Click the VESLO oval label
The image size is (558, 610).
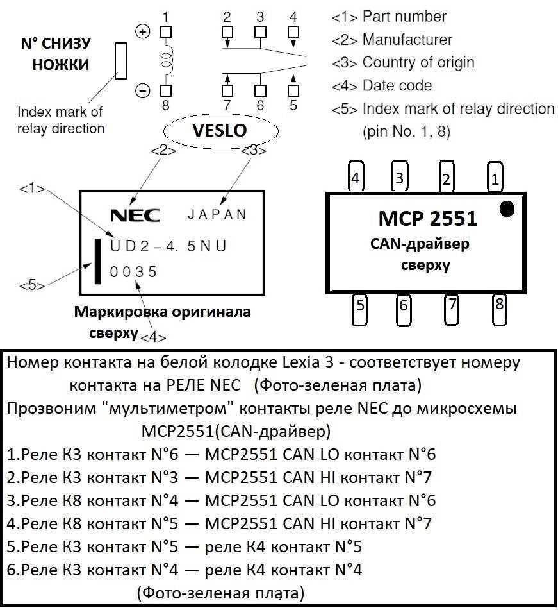point(220,130)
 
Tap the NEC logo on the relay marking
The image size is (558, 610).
point(135,215)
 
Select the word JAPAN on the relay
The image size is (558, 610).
point(217,214)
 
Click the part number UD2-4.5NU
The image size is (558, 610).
point(168,246)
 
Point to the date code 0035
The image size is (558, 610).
point(133,272)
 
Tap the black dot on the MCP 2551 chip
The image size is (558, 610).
point(506,208)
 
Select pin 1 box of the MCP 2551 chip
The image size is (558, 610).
point(494,179)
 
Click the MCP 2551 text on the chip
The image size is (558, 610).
point(427,219)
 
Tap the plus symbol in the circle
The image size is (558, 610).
point(142,31)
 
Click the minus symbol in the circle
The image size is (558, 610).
point(142,91)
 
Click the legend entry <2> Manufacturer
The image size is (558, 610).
point(391,40)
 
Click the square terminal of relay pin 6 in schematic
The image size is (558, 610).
point(260,90)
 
